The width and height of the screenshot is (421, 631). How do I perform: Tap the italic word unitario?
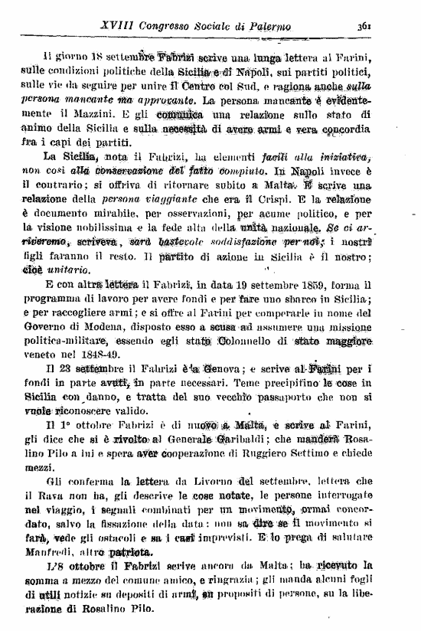(x=70, y=270)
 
